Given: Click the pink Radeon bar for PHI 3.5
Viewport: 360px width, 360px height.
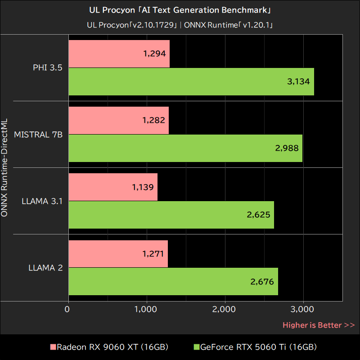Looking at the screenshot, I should [119, 54].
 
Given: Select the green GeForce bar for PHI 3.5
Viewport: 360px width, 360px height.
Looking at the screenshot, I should [191, 81].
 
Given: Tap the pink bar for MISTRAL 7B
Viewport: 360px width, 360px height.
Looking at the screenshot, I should [118, 120].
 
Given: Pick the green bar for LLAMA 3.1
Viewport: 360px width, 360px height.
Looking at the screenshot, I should [171, 215].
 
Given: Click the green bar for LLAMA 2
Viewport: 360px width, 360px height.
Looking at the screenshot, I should [173, 282].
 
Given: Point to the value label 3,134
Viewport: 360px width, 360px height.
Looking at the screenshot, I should [298, 81].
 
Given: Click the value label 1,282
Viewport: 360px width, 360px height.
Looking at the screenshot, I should [153, 120].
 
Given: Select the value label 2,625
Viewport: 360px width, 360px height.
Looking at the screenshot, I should [258, 215].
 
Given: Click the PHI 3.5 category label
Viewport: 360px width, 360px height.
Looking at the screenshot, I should [47, 68].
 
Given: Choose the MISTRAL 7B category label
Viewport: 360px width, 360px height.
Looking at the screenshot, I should [38, 135].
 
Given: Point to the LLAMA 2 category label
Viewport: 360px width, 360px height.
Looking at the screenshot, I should [45, 268].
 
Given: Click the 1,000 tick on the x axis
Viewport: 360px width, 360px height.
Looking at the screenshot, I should [146, 310].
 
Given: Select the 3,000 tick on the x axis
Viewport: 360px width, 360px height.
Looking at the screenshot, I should [303, 310].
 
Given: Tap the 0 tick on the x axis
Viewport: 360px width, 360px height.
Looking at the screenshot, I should [67, 310].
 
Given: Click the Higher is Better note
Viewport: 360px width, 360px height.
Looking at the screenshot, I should [319, 325].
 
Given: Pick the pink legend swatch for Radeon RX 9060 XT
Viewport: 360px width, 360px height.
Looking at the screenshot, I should [53, 347].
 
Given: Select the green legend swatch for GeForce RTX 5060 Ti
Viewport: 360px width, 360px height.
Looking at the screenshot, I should [196, 347].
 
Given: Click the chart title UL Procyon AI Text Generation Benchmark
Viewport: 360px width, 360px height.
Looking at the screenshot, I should [180, 10].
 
